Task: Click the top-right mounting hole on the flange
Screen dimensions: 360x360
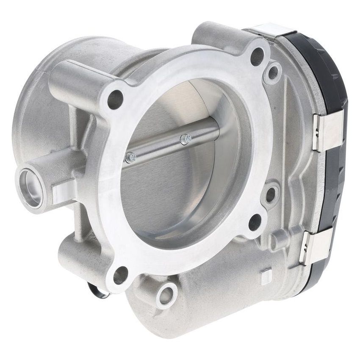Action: pyautogui.click(x=257, y=57)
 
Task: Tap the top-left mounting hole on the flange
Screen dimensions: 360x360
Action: pyautogui.click(x=115, y=99)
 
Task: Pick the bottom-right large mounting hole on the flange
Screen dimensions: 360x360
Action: pyautogui.click(x=255, y=222)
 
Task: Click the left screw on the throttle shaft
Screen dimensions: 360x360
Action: pyautogui.click(x=131, y=158)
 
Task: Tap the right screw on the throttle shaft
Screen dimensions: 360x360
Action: pyautogui.click(x=186, y=138)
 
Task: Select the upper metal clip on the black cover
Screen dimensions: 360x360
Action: pyautogui.click(x=327, y=132)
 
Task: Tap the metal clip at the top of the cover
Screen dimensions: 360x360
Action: pyautogui.click(x=271, y=30)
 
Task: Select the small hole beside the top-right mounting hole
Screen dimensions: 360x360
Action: pyautogui.click(x=272, y=72)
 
